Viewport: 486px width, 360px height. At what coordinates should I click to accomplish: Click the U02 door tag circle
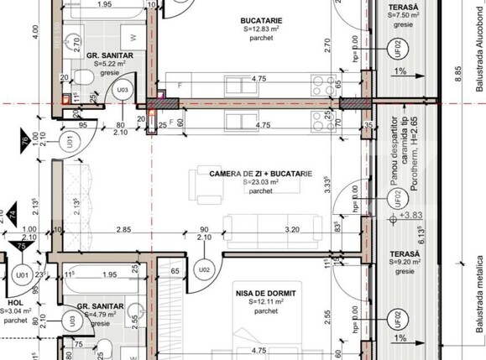pyautogui.click(x=202, y=270)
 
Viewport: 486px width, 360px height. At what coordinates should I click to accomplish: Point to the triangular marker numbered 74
pyautogui.click(x=13, y=213)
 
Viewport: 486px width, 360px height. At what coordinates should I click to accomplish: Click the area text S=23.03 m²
pyautogui.click(x=260, y=182)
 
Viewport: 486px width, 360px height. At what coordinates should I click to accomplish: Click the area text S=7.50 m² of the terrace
pyautogui.click(x=405, y=15)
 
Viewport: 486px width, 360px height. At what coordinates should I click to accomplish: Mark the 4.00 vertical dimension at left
pyautogui.click(x=35, y=32)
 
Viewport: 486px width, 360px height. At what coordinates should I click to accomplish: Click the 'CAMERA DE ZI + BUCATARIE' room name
pyautogui.click(x=260, y=174)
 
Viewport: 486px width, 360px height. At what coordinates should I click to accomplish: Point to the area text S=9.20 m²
pyautogui.click(x=405, y=261)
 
